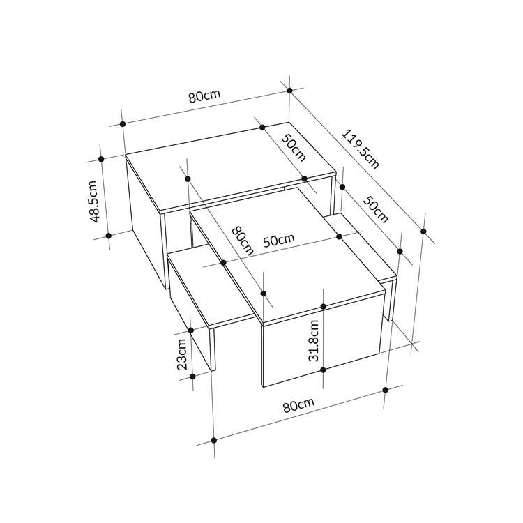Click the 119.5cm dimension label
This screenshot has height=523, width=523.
click(361, 149)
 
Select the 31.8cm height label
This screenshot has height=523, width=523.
click(314, 340)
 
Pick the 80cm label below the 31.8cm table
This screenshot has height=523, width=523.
click(298, 405)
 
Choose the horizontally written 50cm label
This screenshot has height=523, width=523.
click(279, 240)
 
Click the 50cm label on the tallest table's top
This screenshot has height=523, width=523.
click(294, 148)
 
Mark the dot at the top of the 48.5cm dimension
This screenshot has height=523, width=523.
click(101, 159)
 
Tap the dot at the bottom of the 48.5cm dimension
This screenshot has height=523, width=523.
click(108, 236)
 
